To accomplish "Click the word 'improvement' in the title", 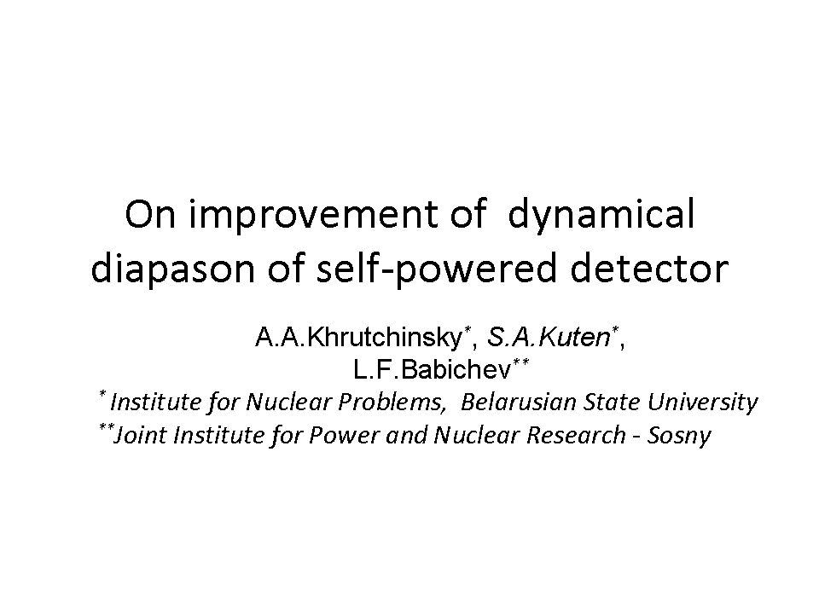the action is tap(313, 215).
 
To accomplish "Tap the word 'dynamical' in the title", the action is tap(601, 215).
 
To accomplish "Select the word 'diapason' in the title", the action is tap(173, 269).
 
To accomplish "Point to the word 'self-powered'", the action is tap(436, 269).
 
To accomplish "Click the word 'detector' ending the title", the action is tap(649, 269).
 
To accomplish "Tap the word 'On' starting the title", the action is tap(150, 214).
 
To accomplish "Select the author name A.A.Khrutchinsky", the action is tap(359, 338).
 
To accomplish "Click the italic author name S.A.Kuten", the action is tap(549, 337).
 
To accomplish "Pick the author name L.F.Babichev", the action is tap(432, 369).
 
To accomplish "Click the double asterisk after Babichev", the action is tap(520, 362).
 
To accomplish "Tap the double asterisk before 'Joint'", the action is tap(107, 427).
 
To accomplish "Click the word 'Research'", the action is tap(576, 435).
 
